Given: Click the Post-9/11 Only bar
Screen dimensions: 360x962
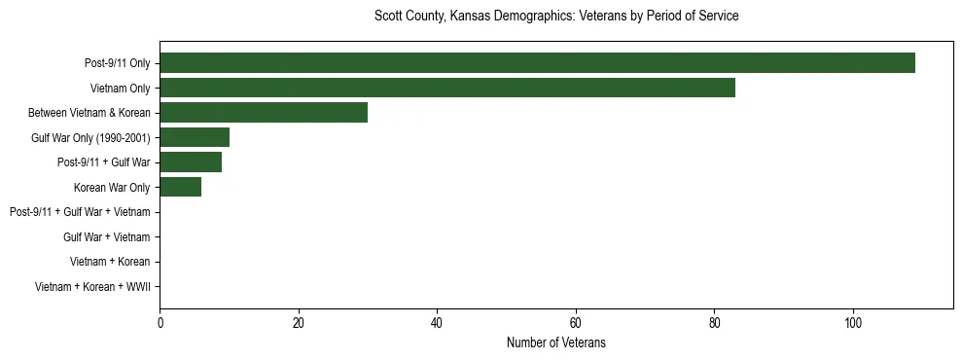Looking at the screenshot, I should click(537, 63).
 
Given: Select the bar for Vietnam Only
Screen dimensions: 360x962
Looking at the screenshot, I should click(447, 88).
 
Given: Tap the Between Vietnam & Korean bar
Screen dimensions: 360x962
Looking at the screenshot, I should click(264, 113).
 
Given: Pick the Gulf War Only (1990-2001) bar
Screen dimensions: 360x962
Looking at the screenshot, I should click(195, 137).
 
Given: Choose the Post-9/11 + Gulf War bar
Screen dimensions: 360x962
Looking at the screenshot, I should click(191, 162).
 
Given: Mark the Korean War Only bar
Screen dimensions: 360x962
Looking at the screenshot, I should click(181, 187).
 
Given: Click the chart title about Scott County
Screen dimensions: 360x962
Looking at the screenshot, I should click(556, 17).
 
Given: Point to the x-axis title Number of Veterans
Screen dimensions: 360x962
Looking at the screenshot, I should click(556, 342).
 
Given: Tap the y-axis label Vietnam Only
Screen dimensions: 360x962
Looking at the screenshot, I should click(121, 89).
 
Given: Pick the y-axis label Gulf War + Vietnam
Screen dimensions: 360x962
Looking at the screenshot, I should click(107, 236).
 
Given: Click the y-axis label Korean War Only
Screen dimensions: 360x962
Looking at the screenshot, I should click(112, 187).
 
